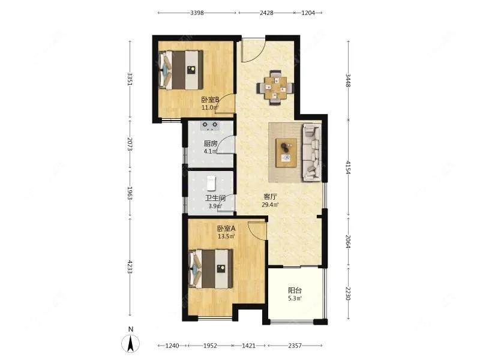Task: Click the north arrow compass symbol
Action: coord(131,343)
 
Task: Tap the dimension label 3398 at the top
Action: coord(197,13)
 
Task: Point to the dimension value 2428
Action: coord(266,13)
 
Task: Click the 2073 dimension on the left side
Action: coord(130,144)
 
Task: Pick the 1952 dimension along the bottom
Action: coord(210,346)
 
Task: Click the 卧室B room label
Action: coord(211,100)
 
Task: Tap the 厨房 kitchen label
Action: coord(211,143)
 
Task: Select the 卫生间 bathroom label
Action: coord(215,198)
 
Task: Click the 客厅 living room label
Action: coord(270,197)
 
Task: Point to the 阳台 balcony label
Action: coord(295,290)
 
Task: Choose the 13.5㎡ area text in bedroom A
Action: coord(226,236)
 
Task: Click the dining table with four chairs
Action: coord(275,88)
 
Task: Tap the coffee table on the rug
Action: coord(286,153)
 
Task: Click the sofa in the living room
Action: coord(312,153)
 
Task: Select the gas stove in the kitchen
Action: coord(209,125)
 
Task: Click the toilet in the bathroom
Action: coord(211,183)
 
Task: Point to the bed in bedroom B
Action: coord(181,70)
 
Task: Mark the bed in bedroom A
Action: coord(211,269)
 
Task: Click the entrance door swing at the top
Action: coord(253,50)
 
